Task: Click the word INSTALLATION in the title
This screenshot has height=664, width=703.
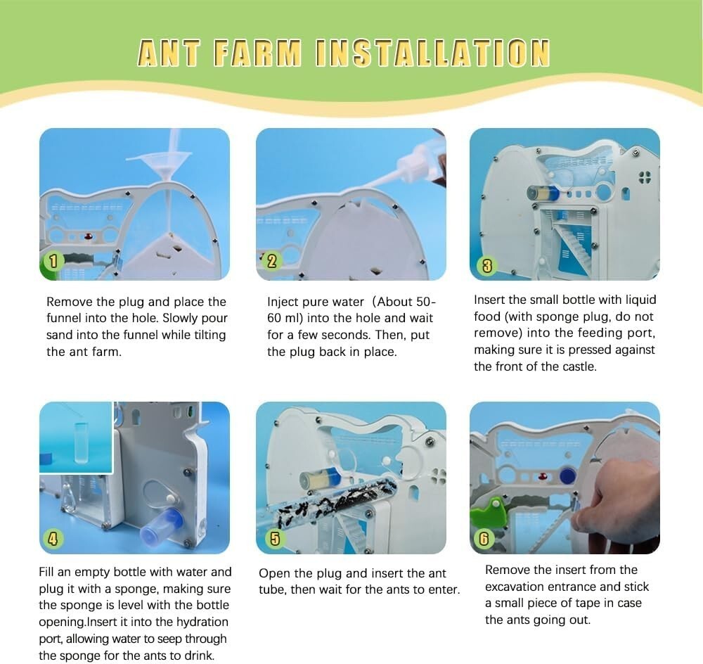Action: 432,53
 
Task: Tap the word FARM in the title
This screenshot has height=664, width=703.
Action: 257,53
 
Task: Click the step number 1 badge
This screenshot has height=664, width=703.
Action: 53,262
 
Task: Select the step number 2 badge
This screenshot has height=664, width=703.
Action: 271,261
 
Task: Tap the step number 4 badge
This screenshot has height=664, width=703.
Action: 53,538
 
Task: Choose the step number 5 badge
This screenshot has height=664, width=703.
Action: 275,539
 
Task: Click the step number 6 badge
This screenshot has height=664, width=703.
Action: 484,538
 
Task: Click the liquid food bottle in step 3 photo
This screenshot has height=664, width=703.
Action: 543,194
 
